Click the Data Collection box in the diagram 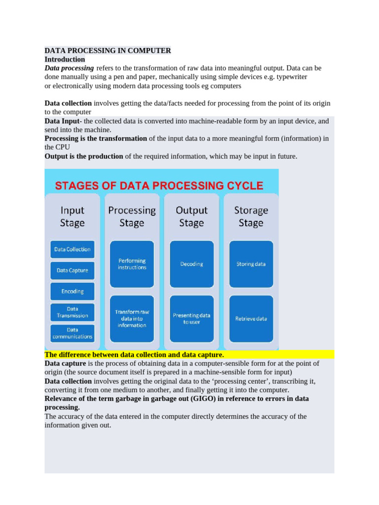[x=72, y=249]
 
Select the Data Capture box [x=72, y=270]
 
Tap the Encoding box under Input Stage [x=72, y=291]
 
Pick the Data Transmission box [x=72, y=312]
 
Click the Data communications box [x=72, y=333]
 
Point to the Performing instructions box [x=132, y=264]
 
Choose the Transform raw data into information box [x=132, y=319]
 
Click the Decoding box [x=191, y=264]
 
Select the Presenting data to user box [x=191, y=319]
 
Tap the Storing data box [x=251, y=264]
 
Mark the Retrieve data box [x=251, y=319]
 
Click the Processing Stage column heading [x=132, y=216]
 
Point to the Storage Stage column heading [x=251, y=216]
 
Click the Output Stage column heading [x=191, y=216]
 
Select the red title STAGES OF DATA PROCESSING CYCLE [x=159, y=186]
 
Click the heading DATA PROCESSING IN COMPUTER [x=108, y=50]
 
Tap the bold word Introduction [x=65, y=59]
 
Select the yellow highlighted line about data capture [x=134, y=355]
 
